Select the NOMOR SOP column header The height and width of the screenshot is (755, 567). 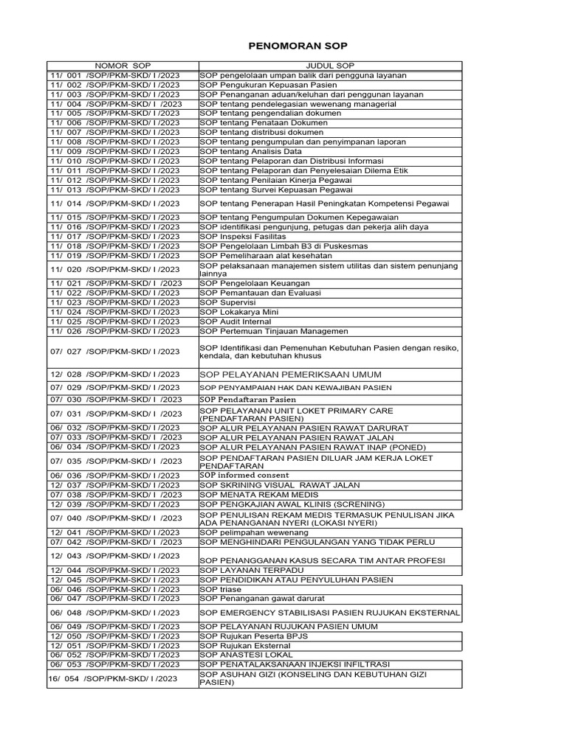point(123,66)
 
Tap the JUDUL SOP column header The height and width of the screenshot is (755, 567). point(330,66)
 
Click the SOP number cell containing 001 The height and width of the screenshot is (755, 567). point(115,75)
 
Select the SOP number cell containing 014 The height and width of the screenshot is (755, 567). point(115,203)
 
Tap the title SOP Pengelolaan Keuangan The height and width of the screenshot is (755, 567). point(255,283)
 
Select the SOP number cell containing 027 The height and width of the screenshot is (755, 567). point(115,352)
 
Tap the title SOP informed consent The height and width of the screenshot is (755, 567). point(244,476)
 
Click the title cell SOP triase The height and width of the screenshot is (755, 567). point(220,589)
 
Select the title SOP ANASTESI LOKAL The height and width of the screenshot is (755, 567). point(246,655)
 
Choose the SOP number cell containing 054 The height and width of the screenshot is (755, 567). point(114,678)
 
